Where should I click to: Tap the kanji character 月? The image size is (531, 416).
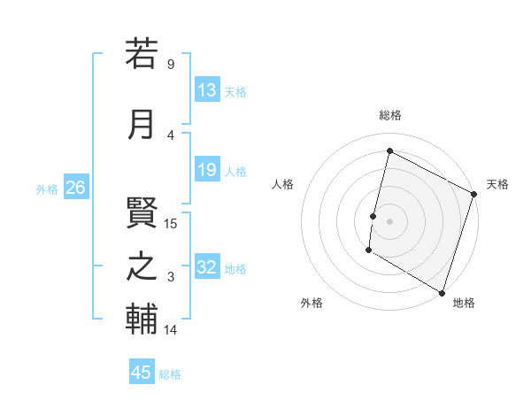coord(142,124)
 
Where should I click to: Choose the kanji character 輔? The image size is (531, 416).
coord(142,320)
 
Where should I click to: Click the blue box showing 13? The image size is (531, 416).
coord(207,90)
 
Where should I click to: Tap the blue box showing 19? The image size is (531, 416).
coord(207,170)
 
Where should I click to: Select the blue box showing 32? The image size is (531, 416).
coord(207,267)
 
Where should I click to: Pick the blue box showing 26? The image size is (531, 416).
coord(76,188)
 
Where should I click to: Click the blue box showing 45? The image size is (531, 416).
coord(142,373)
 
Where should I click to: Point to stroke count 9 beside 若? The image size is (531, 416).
coord(170,65)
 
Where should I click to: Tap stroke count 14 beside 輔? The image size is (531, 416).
coord(171,330)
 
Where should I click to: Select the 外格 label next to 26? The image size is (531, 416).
coord(47,189)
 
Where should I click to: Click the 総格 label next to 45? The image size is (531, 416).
coord(170,374)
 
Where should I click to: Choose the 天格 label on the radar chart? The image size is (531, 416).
coord(497,184)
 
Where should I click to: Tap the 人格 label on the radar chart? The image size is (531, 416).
coord(282,184)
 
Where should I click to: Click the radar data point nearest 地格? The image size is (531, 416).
coord(442,292)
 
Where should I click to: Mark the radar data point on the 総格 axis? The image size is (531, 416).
coord(389,150)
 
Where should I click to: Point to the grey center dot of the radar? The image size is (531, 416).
coord(389,220)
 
